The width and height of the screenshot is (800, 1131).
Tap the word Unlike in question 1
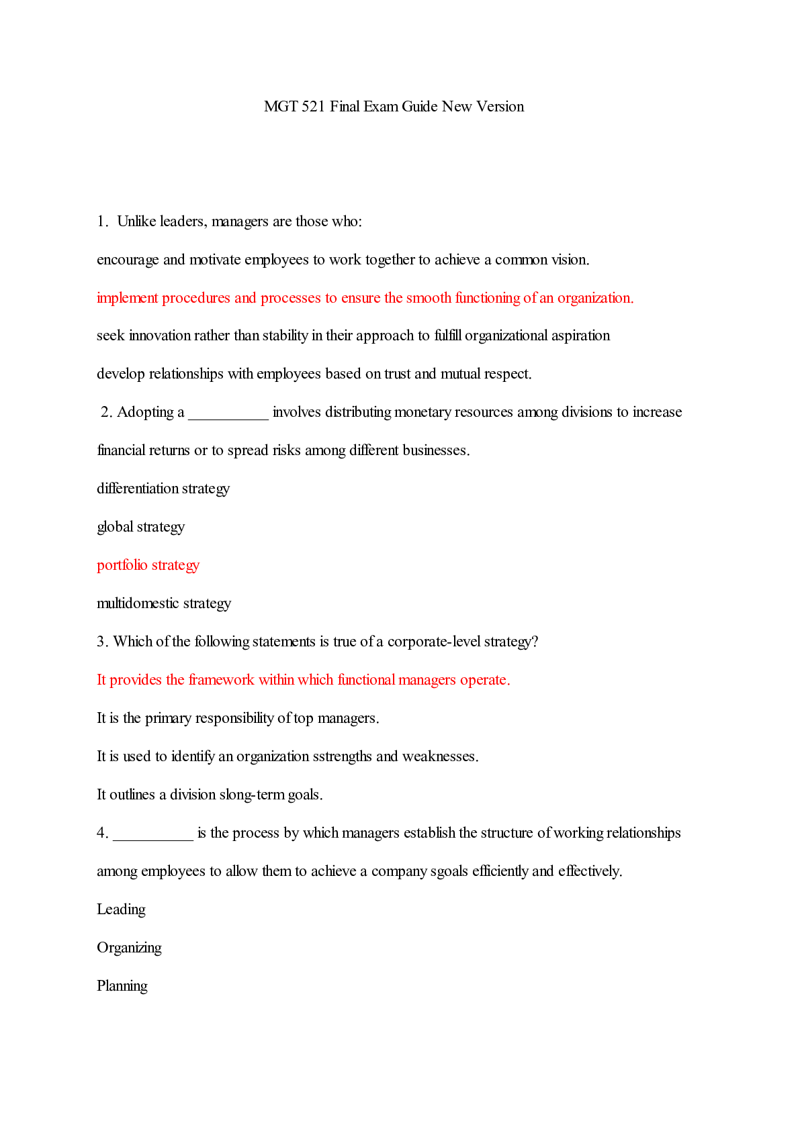click(137, 222)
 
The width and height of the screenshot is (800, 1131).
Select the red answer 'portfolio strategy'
click(148, 565)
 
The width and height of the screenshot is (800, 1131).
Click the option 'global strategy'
click(140, 527)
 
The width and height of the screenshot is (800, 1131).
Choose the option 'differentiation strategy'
click(163, 489)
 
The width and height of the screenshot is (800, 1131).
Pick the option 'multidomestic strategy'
click(163, 603)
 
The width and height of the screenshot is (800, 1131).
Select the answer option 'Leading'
click(121, 909)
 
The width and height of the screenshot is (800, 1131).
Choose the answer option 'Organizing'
click(129, 948)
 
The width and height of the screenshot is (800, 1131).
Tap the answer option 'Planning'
click(122, 986)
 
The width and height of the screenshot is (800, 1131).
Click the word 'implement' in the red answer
click(127, 298)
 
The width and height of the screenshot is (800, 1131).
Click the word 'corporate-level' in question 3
click(434, 642)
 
